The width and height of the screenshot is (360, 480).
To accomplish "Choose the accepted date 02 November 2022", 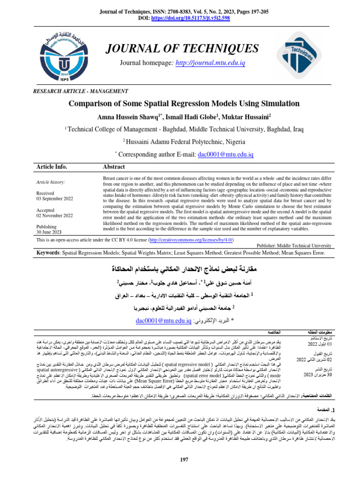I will (54, 216).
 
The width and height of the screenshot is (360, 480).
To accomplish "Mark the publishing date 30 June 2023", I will (49, 232).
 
